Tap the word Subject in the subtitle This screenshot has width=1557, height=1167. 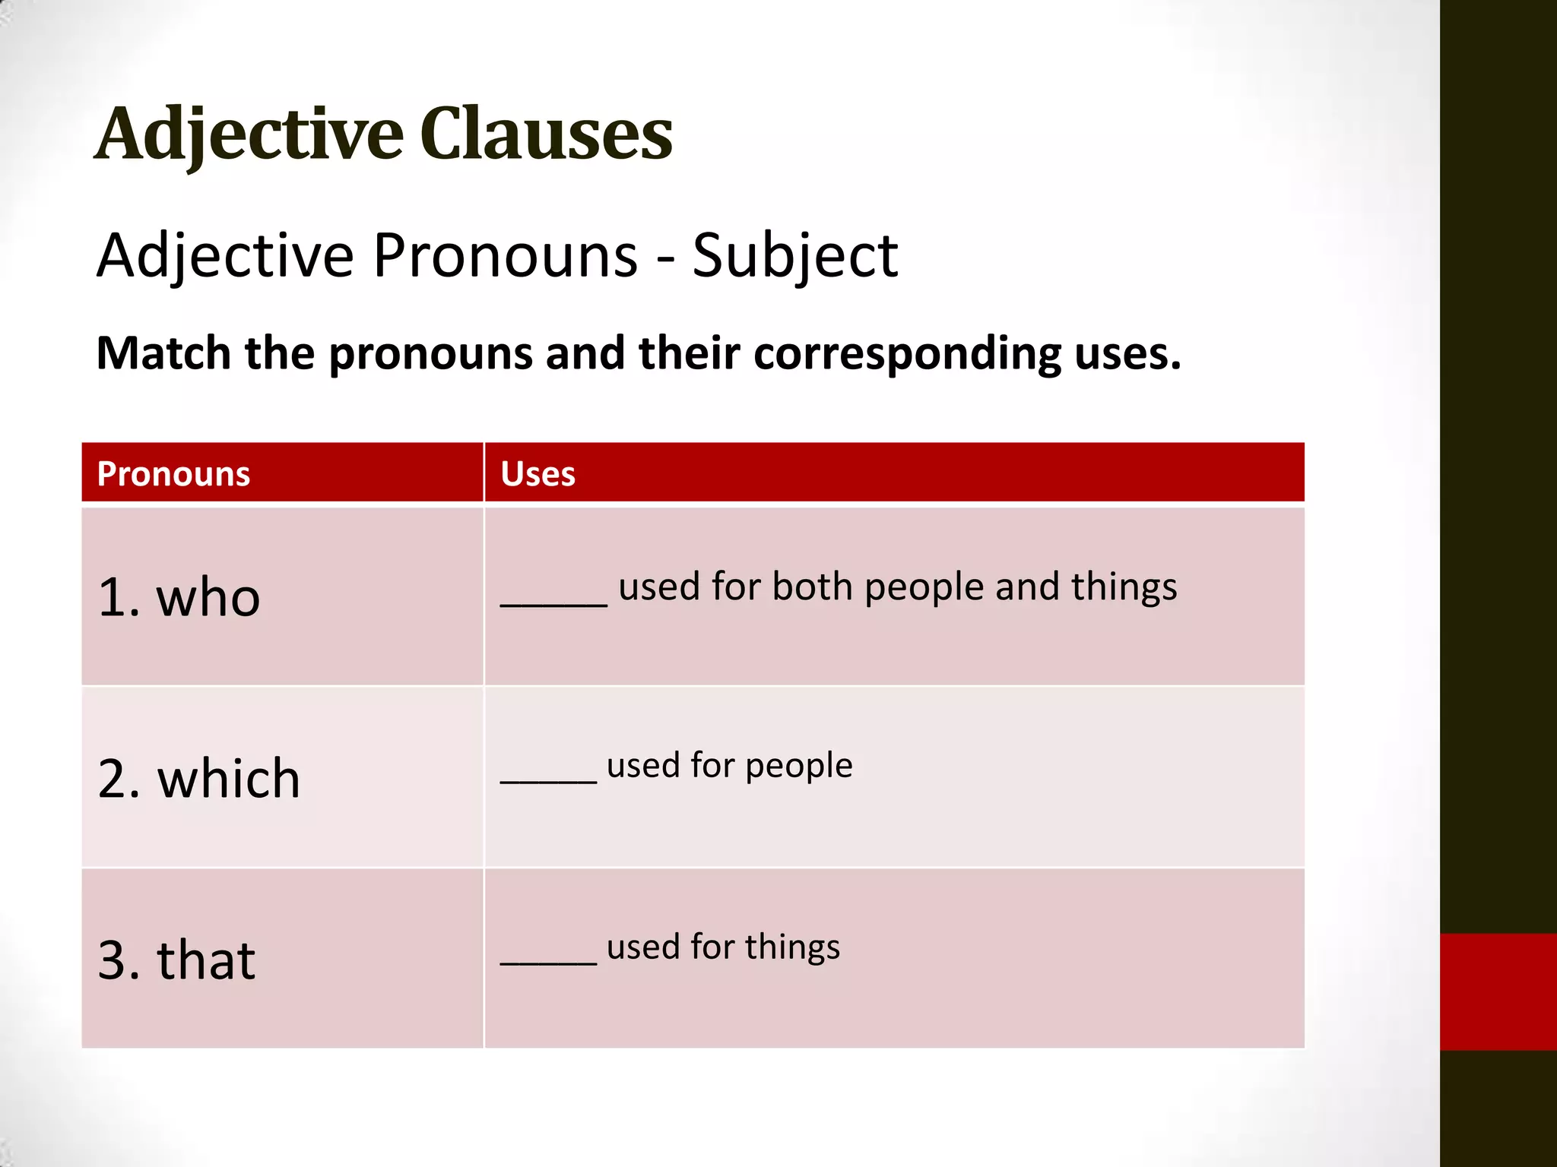coord(794,256)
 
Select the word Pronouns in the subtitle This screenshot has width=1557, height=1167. coord(505,256)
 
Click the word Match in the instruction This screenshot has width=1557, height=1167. coord(163,353)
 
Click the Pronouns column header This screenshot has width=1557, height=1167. coord(173,474)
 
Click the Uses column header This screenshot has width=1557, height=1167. coord(537,474)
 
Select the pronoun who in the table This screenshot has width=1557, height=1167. coord(208,597)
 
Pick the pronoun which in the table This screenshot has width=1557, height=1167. coord(228,779)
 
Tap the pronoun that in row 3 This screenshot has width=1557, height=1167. coord(205,960)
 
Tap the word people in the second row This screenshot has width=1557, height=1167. coord(798,766)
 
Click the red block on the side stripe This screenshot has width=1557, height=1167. coord(1498,991)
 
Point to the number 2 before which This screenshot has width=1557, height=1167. coord(112,780)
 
